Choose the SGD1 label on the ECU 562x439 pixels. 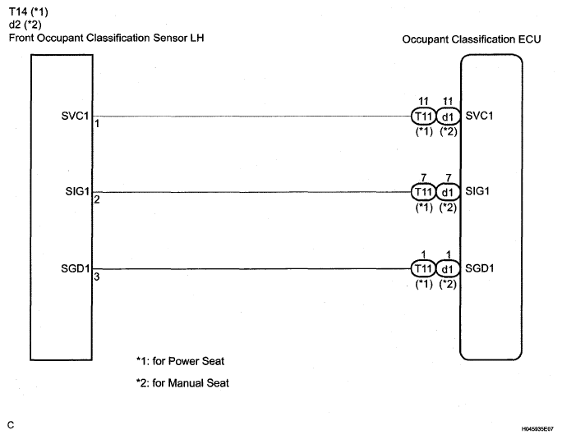(x=480, y=268)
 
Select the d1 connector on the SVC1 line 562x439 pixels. (x=447, y=117)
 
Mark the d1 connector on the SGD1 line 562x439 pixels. (x=447, y=268)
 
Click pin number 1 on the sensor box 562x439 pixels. (x=96, y=125)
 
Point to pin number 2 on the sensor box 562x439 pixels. (x=96, y=199)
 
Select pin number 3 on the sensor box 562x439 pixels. (x=96, y=277)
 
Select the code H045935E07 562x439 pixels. (x=537, y=428)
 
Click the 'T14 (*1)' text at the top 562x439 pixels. (x=29, y=12)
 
